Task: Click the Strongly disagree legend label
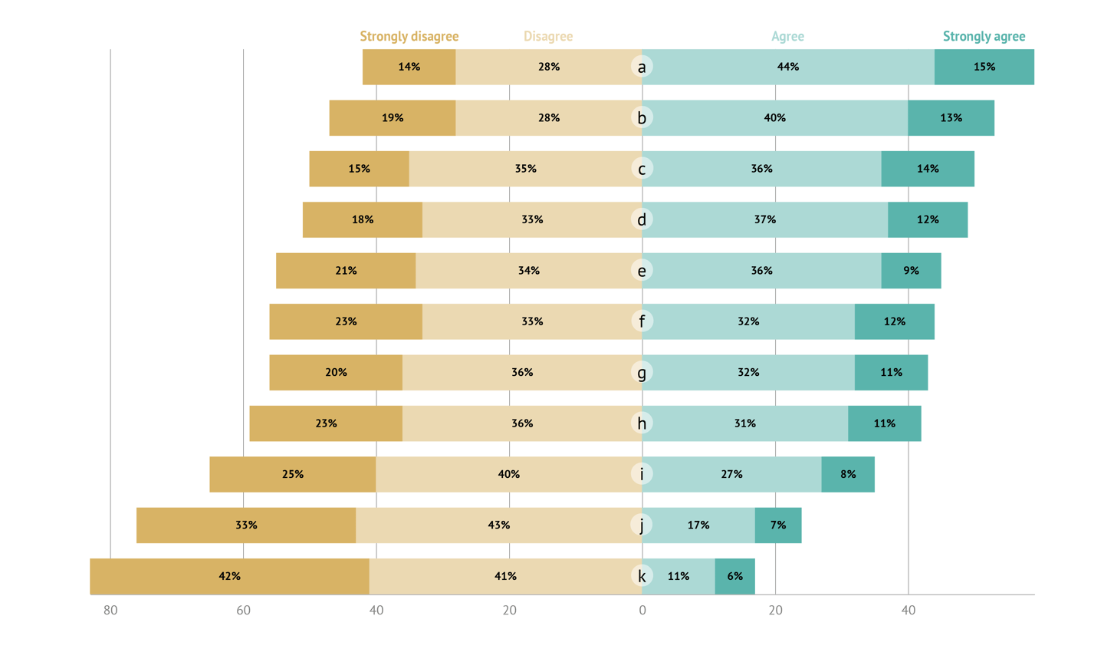click(409, 36)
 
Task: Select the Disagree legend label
click(547, 36)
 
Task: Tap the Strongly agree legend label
click(984, 36)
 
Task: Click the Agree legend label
click(787, 36)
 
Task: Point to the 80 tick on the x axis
click(110, 611)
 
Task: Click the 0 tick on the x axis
click(642, 611)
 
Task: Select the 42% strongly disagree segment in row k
click(229, 576)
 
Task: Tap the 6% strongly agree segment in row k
click(734, 576)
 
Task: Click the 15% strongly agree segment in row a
click(984, 67)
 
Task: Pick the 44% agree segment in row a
click(788, 67)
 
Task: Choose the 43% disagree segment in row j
click(498, 525)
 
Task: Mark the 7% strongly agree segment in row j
click(778, 525)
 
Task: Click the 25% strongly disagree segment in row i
click(292, 474)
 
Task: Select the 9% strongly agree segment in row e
click(911, 271)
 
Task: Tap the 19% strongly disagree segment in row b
click(393, 118)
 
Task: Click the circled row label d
click(642, 220)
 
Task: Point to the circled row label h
click(642, 423)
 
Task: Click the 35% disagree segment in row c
click(525, 169)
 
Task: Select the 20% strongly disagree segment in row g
click(336, 373)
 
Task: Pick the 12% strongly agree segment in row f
click(894, 321)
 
